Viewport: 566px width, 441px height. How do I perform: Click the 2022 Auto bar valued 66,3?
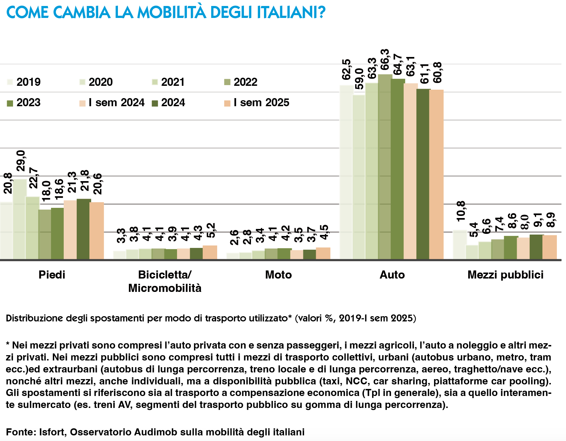tap(385, 167)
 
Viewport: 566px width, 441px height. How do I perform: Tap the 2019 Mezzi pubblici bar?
tap(459, 245)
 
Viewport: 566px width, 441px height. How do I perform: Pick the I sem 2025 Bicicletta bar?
tap(210, 253)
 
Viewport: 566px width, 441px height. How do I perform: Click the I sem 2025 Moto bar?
tap(323, 254)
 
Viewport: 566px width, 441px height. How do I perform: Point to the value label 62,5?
tap(347, 70)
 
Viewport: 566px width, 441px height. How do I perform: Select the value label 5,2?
tap(210, 231)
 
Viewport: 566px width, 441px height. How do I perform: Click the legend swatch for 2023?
tap(10, 103)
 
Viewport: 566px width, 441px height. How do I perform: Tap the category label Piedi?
tap(52, 275)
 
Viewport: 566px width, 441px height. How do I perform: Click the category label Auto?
tap(392, 275)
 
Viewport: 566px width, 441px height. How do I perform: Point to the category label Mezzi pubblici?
tap(505, 275)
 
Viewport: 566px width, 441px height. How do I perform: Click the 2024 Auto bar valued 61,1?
tap(423, 174)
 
